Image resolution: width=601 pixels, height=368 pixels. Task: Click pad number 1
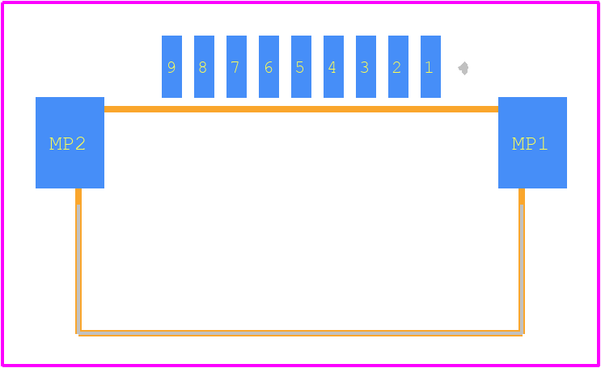(430, 66)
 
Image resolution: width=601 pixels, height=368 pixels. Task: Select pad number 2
(398, 66)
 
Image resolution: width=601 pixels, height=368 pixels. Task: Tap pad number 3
(366, 66)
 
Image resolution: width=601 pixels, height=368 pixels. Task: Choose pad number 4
(333, 66)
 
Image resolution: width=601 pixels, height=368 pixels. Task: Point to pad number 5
(301, 66)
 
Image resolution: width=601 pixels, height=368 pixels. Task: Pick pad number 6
(269, 66)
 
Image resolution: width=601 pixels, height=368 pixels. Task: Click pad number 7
(236, 66)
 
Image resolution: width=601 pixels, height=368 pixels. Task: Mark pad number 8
(205, 66)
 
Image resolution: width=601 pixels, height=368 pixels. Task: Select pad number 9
(171, 66)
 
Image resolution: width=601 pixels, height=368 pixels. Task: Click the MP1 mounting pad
(532, 142)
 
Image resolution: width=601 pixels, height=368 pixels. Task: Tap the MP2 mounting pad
(70, 142)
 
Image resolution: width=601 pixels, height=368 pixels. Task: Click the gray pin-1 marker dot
(463, 68)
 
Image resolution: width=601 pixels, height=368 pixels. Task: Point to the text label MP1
(530, 144)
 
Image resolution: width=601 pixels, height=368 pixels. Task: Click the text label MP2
(67, 144)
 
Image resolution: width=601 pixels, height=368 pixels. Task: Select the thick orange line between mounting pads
(301, 109)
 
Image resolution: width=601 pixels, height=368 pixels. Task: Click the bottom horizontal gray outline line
(301, 333)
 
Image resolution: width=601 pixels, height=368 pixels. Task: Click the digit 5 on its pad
(300, 67)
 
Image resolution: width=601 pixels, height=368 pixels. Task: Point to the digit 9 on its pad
(171, 67)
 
